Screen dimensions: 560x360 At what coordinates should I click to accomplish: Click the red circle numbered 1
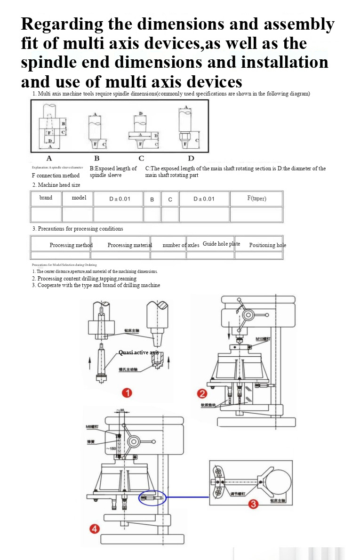[126, 392]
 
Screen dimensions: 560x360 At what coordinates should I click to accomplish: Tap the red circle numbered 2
[202, 393]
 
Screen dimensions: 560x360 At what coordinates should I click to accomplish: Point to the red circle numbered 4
[95, 529]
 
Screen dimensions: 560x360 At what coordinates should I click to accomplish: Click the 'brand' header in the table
[46, 198]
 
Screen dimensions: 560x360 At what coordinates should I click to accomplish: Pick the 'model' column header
[79, 198]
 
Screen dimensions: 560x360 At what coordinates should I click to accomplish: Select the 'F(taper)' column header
[256, 199]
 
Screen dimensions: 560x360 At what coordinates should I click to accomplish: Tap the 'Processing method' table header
[71, 245]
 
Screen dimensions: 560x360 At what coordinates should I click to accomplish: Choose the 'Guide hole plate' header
[221, 244]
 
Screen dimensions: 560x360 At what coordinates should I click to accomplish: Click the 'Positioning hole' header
[267, 245]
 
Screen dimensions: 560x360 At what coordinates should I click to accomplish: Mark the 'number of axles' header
[181, 245]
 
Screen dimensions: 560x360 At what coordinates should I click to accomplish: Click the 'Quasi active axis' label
[138, 352]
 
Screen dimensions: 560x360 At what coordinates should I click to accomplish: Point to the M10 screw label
[263, 339]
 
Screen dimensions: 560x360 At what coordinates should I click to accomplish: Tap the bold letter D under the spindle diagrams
[191, 158]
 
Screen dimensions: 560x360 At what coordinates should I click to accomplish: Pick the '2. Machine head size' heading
[56, 185]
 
